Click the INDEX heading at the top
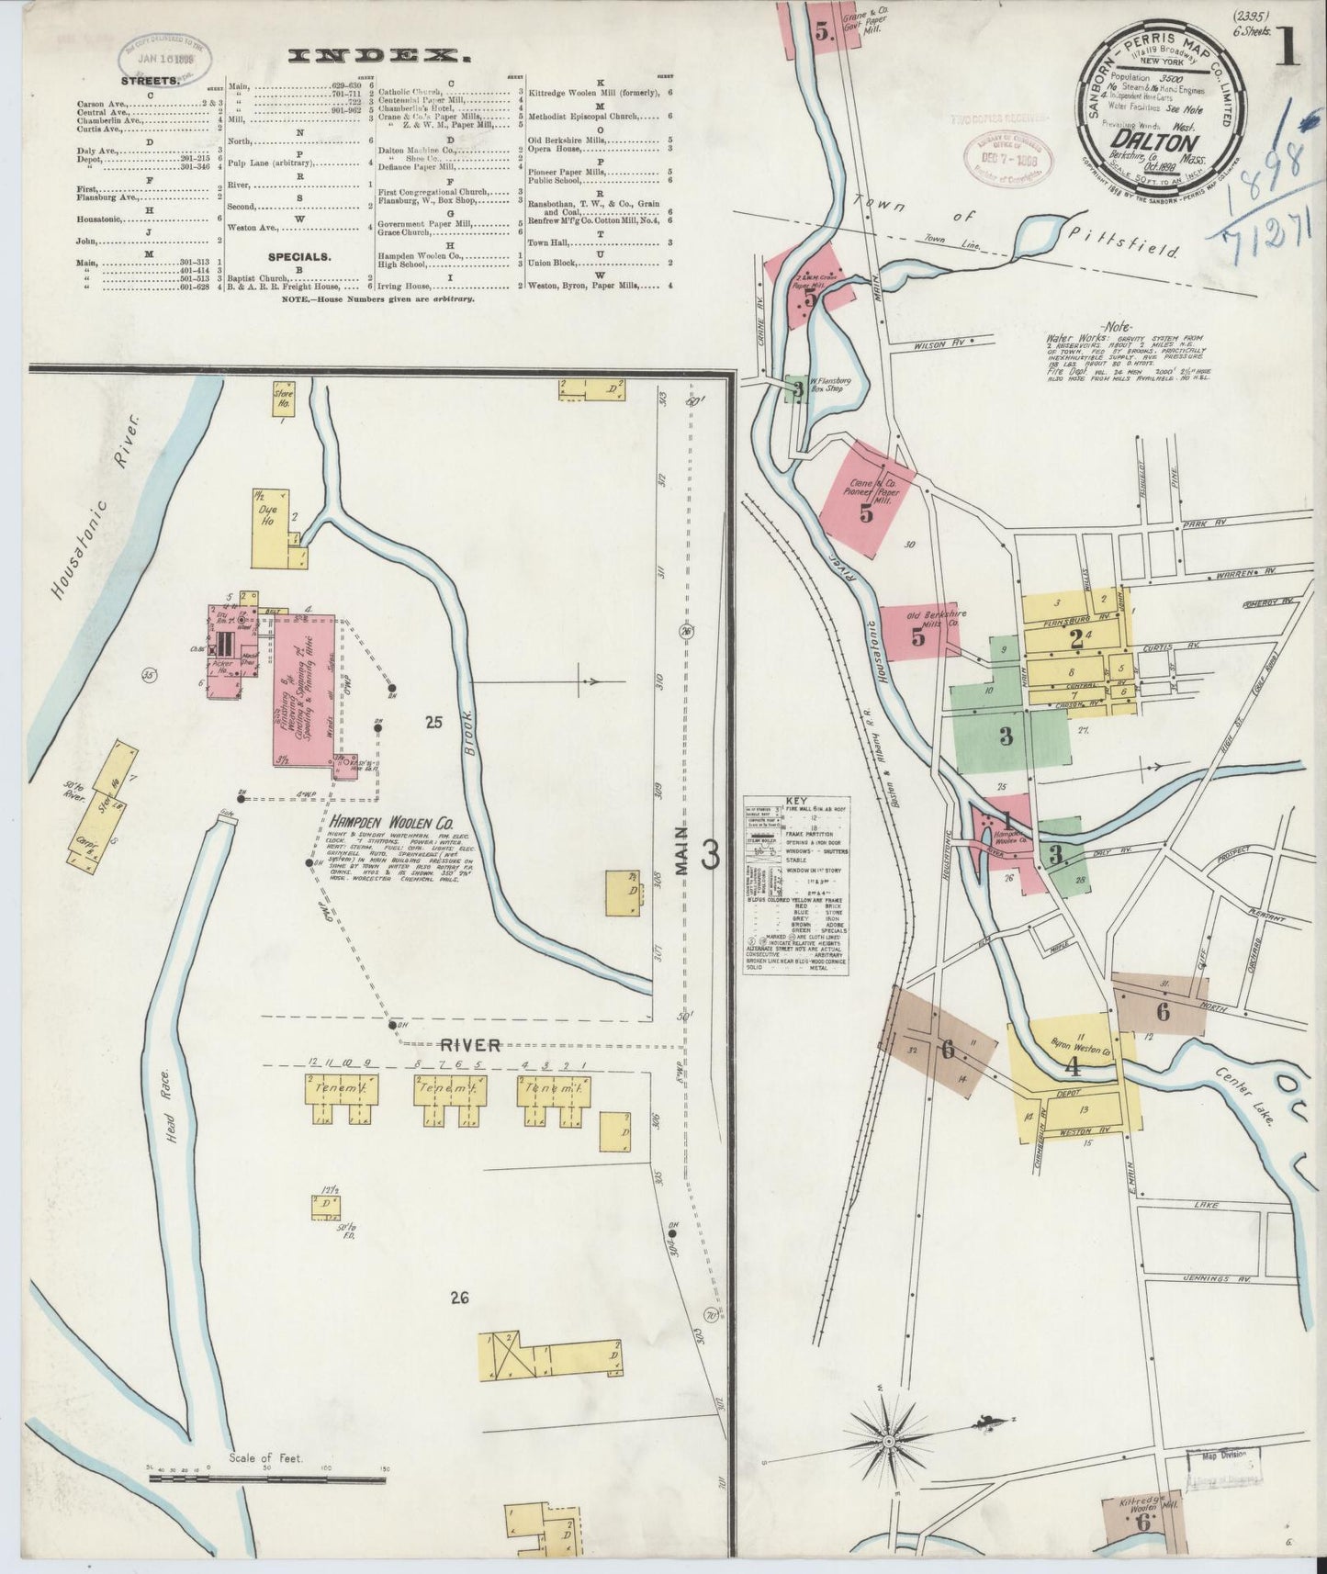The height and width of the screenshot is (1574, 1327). point(379,56)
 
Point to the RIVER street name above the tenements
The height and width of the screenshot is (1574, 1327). point(469,1044)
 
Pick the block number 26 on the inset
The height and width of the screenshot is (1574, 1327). point(459,1298)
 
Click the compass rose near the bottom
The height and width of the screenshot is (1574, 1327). point(888,1444)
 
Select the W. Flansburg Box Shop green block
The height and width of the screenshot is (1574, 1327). point(800,389)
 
